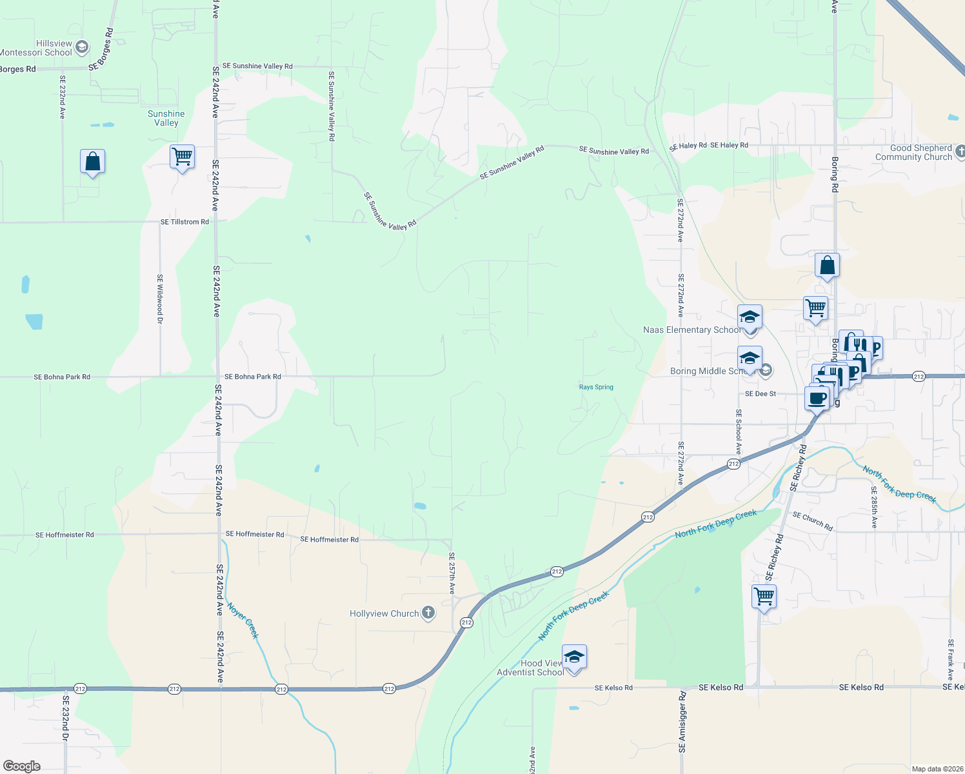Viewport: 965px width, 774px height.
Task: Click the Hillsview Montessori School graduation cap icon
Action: pos(82,47)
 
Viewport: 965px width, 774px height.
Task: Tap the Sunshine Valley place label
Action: pos(166,118)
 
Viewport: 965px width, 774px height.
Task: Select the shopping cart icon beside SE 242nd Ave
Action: pos(183,157)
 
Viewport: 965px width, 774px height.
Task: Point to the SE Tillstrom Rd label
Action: pos(184,222)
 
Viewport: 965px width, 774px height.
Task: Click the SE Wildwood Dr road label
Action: pos(160,295)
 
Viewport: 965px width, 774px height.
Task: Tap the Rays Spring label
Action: pos(596,387)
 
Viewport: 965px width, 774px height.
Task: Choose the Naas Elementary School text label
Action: pos(691,330)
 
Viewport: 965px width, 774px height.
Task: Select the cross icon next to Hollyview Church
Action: pos(428,613)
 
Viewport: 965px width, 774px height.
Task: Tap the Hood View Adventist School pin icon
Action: pos(574,657)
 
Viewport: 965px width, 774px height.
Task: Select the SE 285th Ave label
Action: pos(874,508)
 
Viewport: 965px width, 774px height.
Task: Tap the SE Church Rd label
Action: pos(813,521)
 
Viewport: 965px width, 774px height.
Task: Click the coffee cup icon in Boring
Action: pos(817,398)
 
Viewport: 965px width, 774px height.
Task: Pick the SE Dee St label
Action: pos(761,393)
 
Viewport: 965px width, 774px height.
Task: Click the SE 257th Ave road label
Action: pos(452,573)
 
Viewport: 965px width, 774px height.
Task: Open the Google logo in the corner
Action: pos(22,766)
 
